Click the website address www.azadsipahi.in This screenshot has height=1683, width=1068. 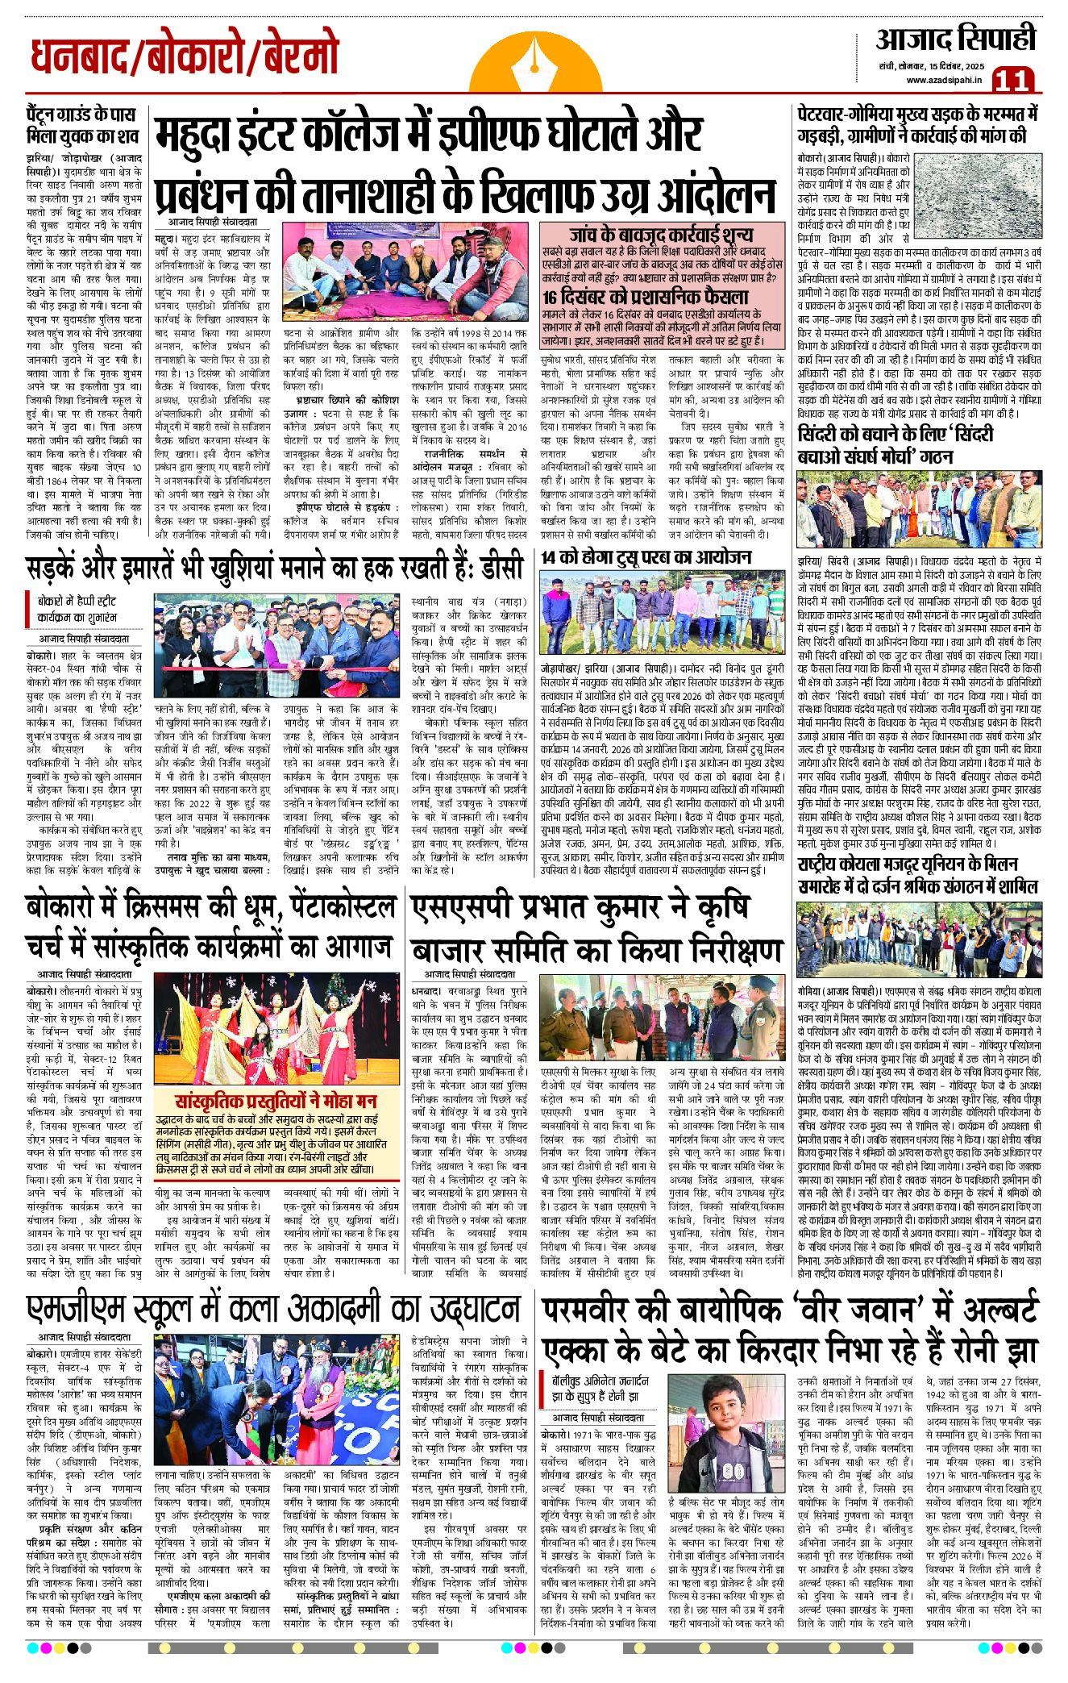pos(943,79)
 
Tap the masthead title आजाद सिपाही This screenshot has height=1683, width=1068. pos(955,39)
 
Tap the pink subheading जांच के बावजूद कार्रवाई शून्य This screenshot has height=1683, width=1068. pos(660,235)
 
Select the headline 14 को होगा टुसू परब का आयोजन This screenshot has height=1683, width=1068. pos(646,557)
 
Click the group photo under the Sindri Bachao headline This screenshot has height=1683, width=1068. pos(919,509)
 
